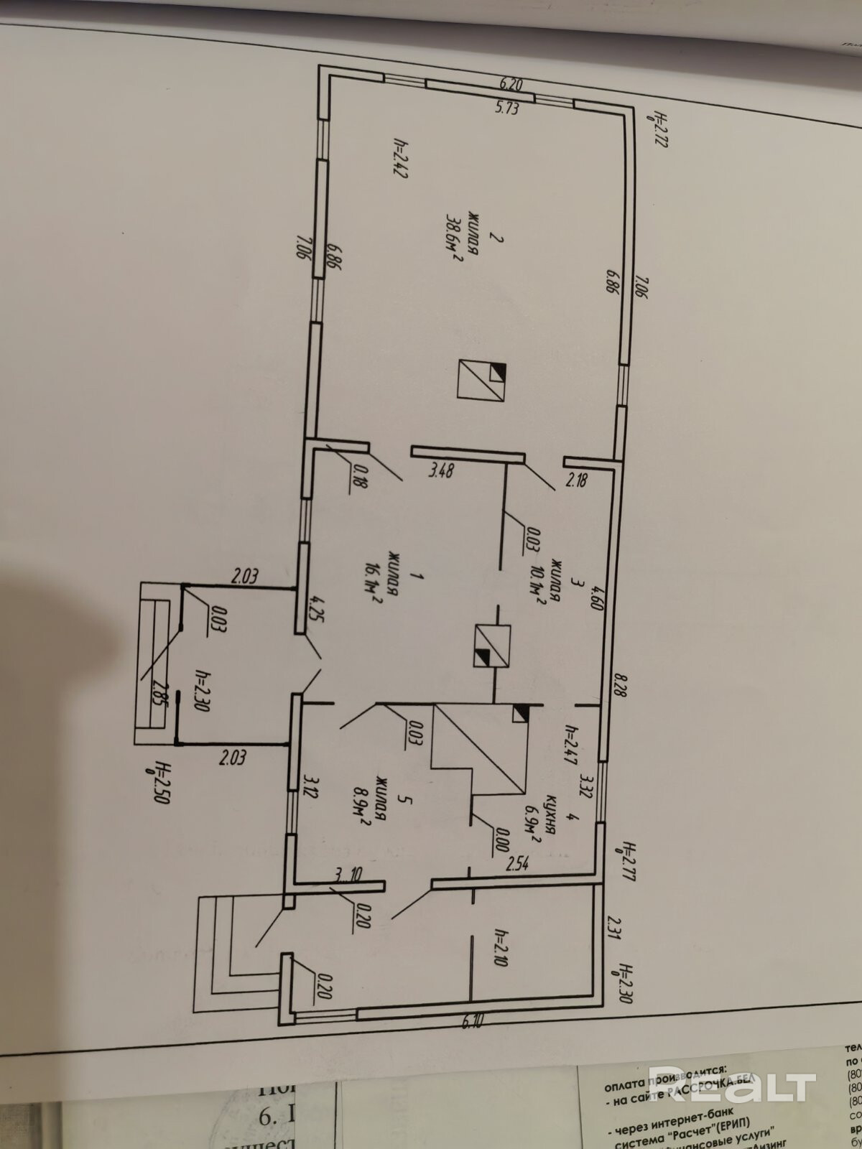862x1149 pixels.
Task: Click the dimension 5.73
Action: coord(506,109)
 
